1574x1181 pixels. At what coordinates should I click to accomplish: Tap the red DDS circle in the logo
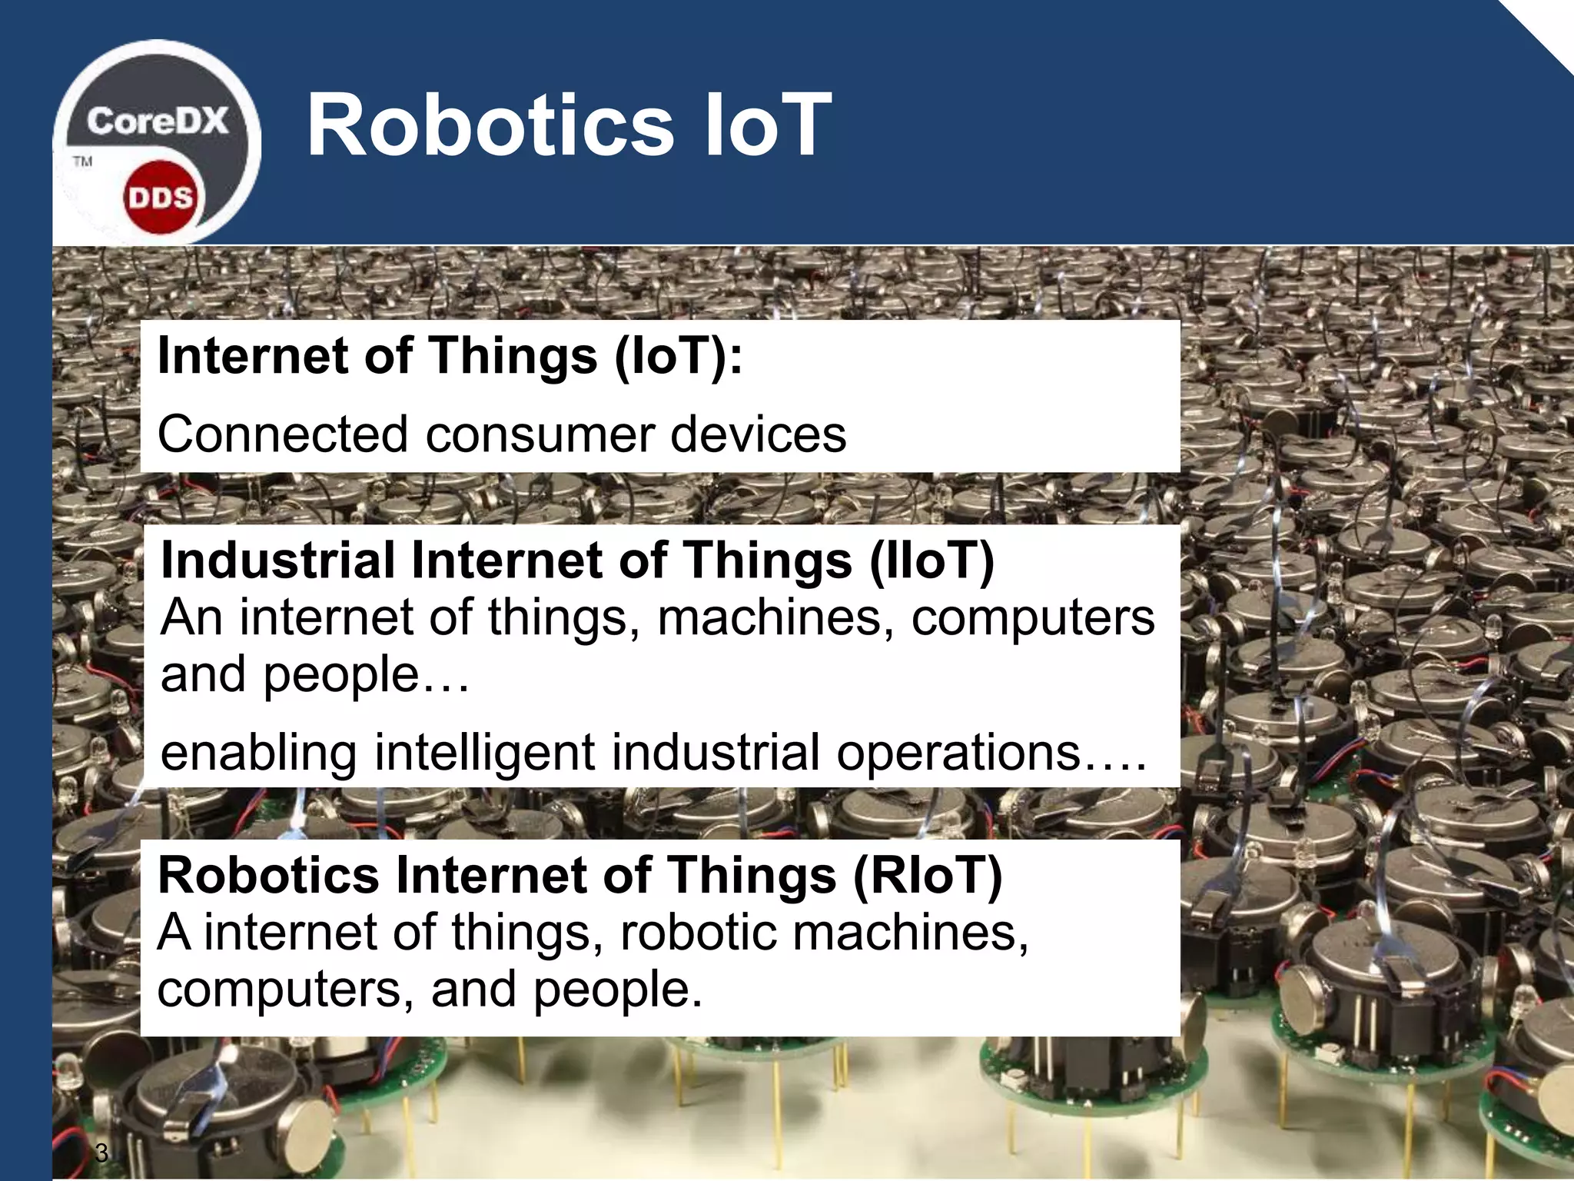pos(160,198)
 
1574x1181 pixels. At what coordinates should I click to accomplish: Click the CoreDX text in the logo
pos(157,121)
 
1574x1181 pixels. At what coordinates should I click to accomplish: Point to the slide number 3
pos(101,1153)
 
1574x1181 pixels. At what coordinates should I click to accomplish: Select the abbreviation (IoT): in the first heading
pos(679,357)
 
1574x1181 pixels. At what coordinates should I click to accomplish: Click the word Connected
pos(281,434)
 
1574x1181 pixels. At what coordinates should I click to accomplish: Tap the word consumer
pos(539,434)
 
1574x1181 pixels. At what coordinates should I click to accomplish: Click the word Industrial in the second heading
pos(277,560)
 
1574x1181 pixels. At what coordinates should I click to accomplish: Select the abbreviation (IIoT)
pos(931,560)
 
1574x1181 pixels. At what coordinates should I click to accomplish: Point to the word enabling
pos(258,753)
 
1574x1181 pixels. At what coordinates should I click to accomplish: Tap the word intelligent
pos(484,753)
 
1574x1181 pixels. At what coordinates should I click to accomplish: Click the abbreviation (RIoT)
pos(928,876)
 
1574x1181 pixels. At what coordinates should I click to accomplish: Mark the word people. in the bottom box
pos(618,990)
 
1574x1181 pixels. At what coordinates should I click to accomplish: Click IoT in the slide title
pos(765,125)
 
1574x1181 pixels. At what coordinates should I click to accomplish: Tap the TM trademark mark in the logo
pos(82,161)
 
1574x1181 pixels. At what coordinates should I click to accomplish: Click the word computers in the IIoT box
pos(1032,617)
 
